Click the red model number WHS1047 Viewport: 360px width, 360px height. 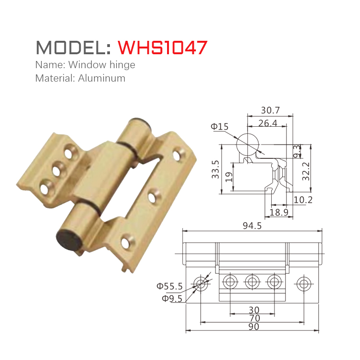click(x=163, y=48)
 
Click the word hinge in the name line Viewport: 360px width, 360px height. click(x=122, y=64)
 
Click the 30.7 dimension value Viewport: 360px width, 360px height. click(x=270, y=110)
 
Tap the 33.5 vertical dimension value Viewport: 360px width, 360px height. click(x=216, y=169)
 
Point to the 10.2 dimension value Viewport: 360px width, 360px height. click(x=303, y=199)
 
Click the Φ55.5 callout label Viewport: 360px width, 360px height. click(x=169, y=287)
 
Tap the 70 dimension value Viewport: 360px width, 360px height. click(x=254, y=318)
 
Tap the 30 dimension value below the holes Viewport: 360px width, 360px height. click(x=254, y=310)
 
